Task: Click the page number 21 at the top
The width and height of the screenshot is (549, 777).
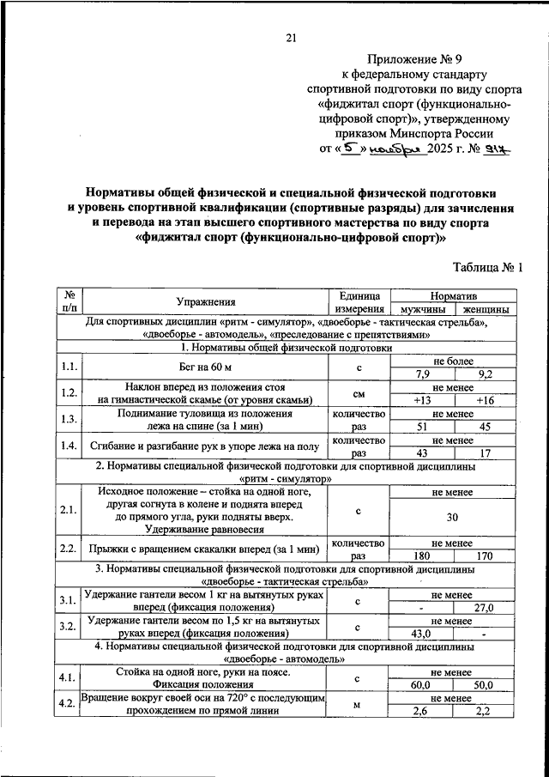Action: tap(290, 38)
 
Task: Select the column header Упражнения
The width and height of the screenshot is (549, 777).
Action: tap(206, 301)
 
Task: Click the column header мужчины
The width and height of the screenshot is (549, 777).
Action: tap(422, 309)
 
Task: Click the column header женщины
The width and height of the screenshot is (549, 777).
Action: tap(485, 309)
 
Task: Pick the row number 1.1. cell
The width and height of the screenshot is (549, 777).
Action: tap(69, 367)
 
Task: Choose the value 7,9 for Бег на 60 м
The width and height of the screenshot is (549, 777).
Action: tap(422, 374)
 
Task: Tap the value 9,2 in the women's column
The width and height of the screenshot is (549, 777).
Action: tap(485, 374)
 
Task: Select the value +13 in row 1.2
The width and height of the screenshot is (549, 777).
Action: tap(422, 400)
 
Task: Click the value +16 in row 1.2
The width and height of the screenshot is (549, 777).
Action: tap(485, 400)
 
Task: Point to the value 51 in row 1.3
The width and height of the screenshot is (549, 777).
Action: tap(422, 426)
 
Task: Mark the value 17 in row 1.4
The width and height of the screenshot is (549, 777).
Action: tap(485, 452)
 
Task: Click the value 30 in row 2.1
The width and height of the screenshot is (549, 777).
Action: tap(453, 518)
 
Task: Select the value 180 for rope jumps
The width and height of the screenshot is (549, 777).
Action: tap(422, 556)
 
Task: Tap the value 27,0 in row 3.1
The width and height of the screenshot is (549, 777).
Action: tap(485, 608)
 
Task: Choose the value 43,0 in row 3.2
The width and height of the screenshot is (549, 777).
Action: tap(422, 634)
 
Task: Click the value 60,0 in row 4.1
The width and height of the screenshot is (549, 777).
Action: tap(422, 685)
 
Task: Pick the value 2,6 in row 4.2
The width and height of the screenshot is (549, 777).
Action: tap(422, 711)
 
